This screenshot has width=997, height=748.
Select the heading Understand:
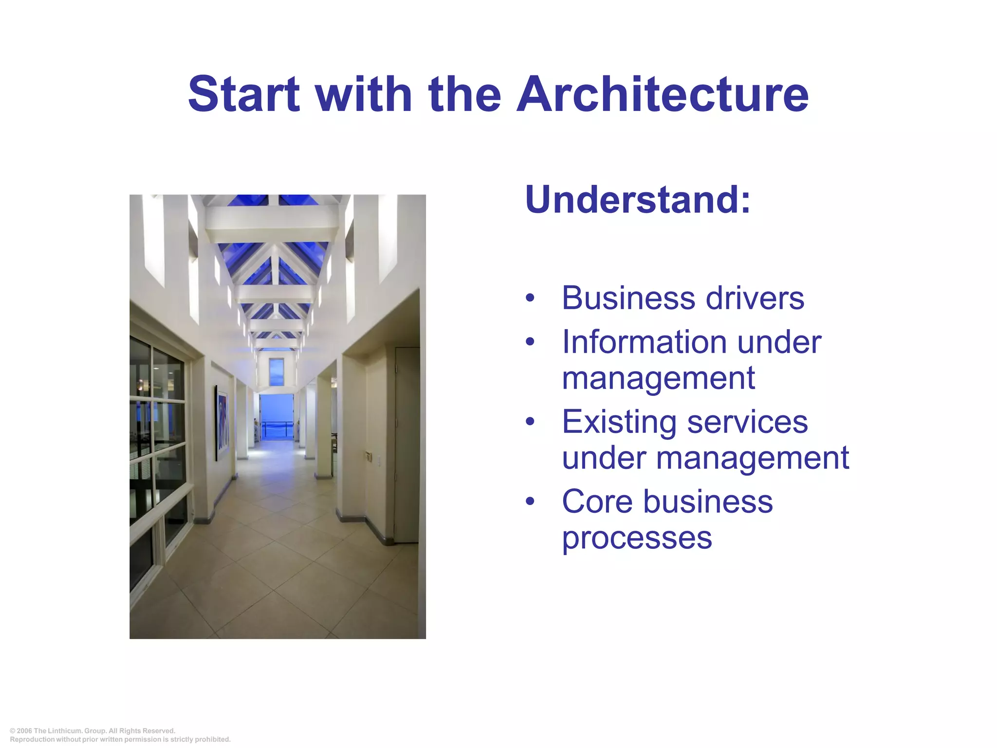[x=638, y=200]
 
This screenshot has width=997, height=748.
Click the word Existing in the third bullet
[x=619, y=422]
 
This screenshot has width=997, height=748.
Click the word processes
[x=637, y=538]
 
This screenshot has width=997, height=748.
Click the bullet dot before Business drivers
[x=530, y=298]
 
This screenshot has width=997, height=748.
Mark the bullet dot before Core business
[x=530, y=502]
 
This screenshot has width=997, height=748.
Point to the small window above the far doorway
[x=277, y=371]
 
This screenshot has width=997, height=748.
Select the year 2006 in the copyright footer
[x=24, y=731]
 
